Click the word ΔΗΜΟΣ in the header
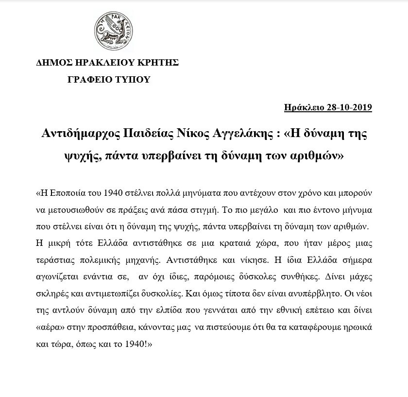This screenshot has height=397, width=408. tap(52, 63)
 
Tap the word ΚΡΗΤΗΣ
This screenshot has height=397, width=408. tap(159, 63)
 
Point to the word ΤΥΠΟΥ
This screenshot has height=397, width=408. tap(133, 80)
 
